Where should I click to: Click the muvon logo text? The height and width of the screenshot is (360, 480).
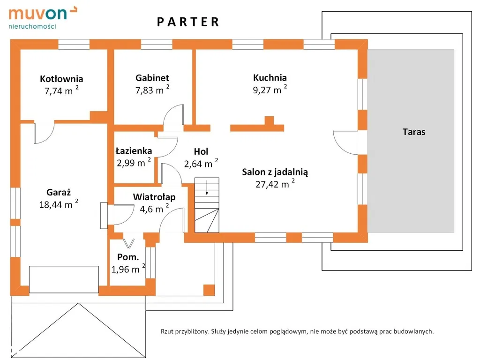[x=37, y=14]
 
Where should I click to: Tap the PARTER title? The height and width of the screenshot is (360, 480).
[x=188, y=22]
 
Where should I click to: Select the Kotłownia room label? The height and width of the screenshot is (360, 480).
[x=61, y=79]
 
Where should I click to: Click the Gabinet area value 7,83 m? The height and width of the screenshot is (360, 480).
[x=150, y=90]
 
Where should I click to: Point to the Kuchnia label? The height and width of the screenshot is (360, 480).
[x=270, y=78]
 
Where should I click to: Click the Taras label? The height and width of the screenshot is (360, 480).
[x=414, y=132]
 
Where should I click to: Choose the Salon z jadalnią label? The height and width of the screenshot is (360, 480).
[x=275, y=172]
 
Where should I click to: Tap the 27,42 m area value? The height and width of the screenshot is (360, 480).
[x=272, y=185]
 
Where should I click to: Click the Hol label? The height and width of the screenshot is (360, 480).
[x=201, y=151]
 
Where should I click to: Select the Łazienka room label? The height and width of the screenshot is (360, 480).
[x=134, y=150]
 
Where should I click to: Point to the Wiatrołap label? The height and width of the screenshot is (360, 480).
[x=154, y=197]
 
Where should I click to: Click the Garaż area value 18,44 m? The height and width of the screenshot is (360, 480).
[x=56, y=205]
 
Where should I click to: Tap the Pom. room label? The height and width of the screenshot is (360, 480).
[x=128, y=257]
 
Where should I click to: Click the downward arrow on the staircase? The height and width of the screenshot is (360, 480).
[x=207, y=187]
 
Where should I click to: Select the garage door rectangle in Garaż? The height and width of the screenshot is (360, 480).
[x=64, y=279]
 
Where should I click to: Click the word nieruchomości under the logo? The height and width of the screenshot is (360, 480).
[x=32, y=26]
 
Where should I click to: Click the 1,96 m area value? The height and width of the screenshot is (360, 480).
[x=125, y=270]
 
